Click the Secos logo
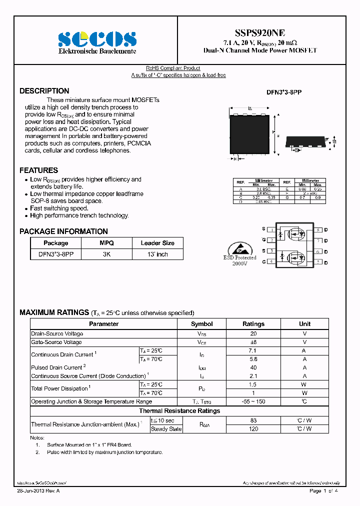click(97, 38)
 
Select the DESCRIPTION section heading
click(44, 91)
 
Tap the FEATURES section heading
click(38, 170)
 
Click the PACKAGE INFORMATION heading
click(63, 231)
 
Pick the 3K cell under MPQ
click(106, 254)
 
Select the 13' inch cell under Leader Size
click(157, 254)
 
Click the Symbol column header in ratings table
click(202, 324)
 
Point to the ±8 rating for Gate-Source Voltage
click(253, 342)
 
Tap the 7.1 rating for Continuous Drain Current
click(253, 351)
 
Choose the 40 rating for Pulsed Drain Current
click(253, 367)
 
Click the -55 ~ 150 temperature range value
click(253, 401)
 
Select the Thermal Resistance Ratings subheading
click(179, 411)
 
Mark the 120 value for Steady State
click(253, 428)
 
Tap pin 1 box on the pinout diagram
click(271, 229)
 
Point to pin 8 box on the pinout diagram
click(318, 229)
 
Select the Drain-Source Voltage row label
click(57, 333)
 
